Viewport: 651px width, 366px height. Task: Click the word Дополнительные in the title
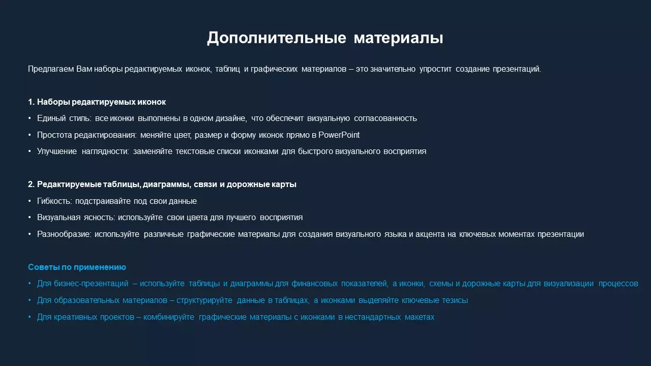pos(276,38)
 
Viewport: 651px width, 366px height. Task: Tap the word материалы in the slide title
pos(398,38)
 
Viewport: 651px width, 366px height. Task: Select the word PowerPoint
pos(339,135)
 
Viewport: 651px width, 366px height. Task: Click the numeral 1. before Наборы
pos(31,102)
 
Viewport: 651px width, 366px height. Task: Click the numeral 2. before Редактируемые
pos(31,185)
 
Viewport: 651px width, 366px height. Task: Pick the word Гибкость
pos(54,201)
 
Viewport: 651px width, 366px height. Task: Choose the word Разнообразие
pos(64,234)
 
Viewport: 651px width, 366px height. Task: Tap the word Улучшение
pos(57,151)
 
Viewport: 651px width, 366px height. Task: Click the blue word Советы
pos(44,267)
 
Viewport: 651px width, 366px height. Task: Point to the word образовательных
pos(86,300)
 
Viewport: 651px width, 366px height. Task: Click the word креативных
pos(76,317)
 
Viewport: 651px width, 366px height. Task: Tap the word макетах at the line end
pos(420,317)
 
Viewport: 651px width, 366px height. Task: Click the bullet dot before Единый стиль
pos(29,118)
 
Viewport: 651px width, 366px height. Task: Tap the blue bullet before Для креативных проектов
pos(29,317)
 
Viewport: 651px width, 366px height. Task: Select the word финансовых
pos(314,284)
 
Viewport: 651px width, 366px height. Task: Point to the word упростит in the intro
pos(435,69)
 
